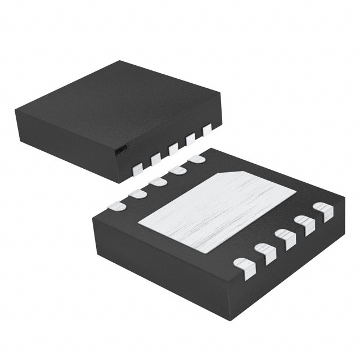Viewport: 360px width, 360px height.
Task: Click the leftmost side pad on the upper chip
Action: [x=137, y=168]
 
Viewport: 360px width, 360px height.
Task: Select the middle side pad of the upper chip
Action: [x=173, y=148]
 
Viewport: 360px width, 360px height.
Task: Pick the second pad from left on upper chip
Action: [x=155, y=158]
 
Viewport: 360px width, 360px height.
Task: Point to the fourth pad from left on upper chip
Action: [x=190, y=138]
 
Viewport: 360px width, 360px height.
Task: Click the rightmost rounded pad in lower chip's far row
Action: [x=197, y=159]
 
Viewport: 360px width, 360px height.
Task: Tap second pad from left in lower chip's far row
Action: [x=136, y=193]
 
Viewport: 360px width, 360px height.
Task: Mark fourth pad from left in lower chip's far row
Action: [x=177, y=170]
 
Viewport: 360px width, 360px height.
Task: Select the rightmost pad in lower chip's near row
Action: [x=323, y=211]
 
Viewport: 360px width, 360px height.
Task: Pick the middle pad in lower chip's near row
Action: [x=285, y=238]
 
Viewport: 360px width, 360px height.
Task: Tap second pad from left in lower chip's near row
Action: [x=265, y=252]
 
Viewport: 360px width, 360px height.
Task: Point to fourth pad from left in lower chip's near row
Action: [x=305, y=225]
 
